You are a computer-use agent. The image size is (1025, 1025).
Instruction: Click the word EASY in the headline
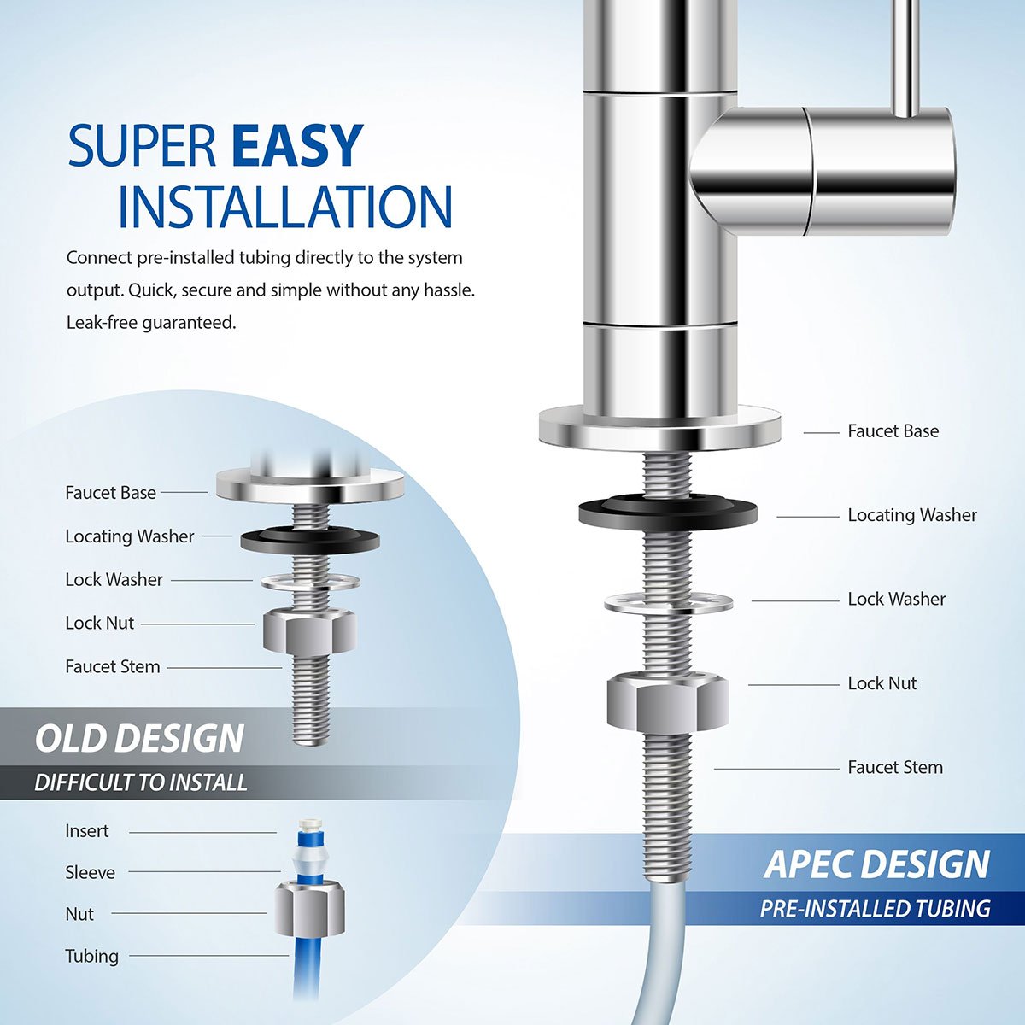click(x=297, y=146)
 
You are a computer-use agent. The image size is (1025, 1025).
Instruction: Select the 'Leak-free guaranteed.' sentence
click(x=151, y=323)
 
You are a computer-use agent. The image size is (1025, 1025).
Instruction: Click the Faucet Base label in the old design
click(x=110, y=493)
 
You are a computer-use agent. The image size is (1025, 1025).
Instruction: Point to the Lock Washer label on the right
click(x=896, y=599)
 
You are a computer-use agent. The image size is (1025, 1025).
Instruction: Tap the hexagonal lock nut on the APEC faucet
click(x=668, y=700)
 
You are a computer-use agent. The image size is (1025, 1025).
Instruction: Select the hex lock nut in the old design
click(x=310, y=631)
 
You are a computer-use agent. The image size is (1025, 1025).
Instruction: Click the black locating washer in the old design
click(x=309, y=539)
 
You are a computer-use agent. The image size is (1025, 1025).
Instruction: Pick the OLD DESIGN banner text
click(x=139, y=739)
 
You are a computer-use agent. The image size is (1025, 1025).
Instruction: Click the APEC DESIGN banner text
click(x=877, y=864)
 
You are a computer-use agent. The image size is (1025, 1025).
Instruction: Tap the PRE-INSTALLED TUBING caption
click(x=876, y=908)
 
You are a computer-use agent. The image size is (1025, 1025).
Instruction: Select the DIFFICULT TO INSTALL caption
click(x=141, y=782)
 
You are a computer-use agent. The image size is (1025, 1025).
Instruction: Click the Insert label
click(x=87, y=831)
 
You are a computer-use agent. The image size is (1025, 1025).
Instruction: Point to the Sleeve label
click(x=90, y=872)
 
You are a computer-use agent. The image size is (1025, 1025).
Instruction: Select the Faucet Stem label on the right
click(x=895, y=767)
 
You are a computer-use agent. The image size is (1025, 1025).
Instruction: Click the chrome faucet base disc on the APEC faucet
click(x=660, y=427)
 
